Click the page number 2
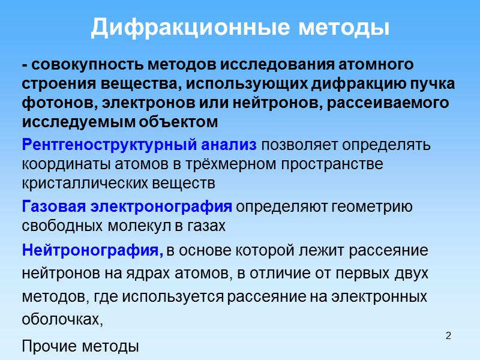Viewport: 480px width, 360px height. [x=448, y=334]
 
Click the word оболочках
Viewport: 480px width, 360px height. [x=62, y=320]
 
